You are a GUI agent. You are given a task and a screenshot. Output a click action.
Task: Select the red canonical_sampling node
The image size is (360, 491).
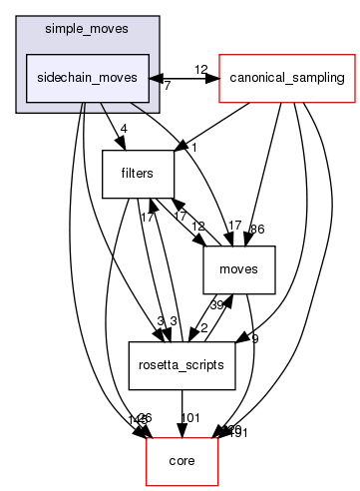pos(287,77)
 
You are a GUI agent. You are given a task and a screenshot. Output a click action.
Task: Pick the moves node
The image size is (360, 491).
pos(238,269)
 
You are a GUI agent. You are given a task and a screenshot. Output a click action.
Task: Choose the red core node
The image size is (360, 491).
pos(181,461)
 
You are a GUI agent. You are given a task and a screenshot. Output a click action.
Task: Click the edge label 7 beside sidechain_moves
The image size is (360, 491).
pos(166,87)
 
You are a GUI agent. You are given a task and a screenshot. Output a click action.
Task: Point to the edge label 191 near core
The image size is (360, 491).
pos(238,432)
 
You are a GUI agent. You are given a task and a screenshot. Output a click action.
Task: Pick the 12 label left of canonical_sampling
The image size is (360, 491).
pos(200,69)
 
